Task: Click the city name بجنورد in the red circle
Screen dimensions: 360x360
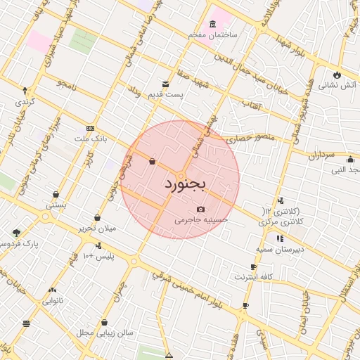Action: (186, 185)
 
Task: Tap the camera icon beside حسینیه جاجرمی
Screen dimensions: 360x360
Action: (201, 209)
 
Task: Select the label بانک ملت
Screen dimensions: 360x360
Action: (96, 139)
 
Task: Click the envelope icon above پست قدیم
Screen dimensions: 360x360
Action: (166, 84)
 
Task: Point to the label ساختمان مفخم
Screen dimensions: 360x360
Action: (214, 34)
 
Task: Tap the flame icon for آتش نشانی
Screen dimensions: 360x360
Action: (337, 75)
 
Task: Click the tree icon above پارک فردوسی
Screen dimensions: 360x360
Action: (16, 232)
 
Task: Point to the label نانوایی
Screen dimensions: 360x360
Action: (52, 301)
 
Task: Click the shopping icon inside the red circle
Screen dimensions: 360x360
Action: (153, 162)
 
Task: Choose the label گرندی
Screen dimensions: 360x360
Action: (25, 101)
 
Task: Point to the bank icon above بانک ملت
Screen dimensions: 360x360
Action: (89, 128)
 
